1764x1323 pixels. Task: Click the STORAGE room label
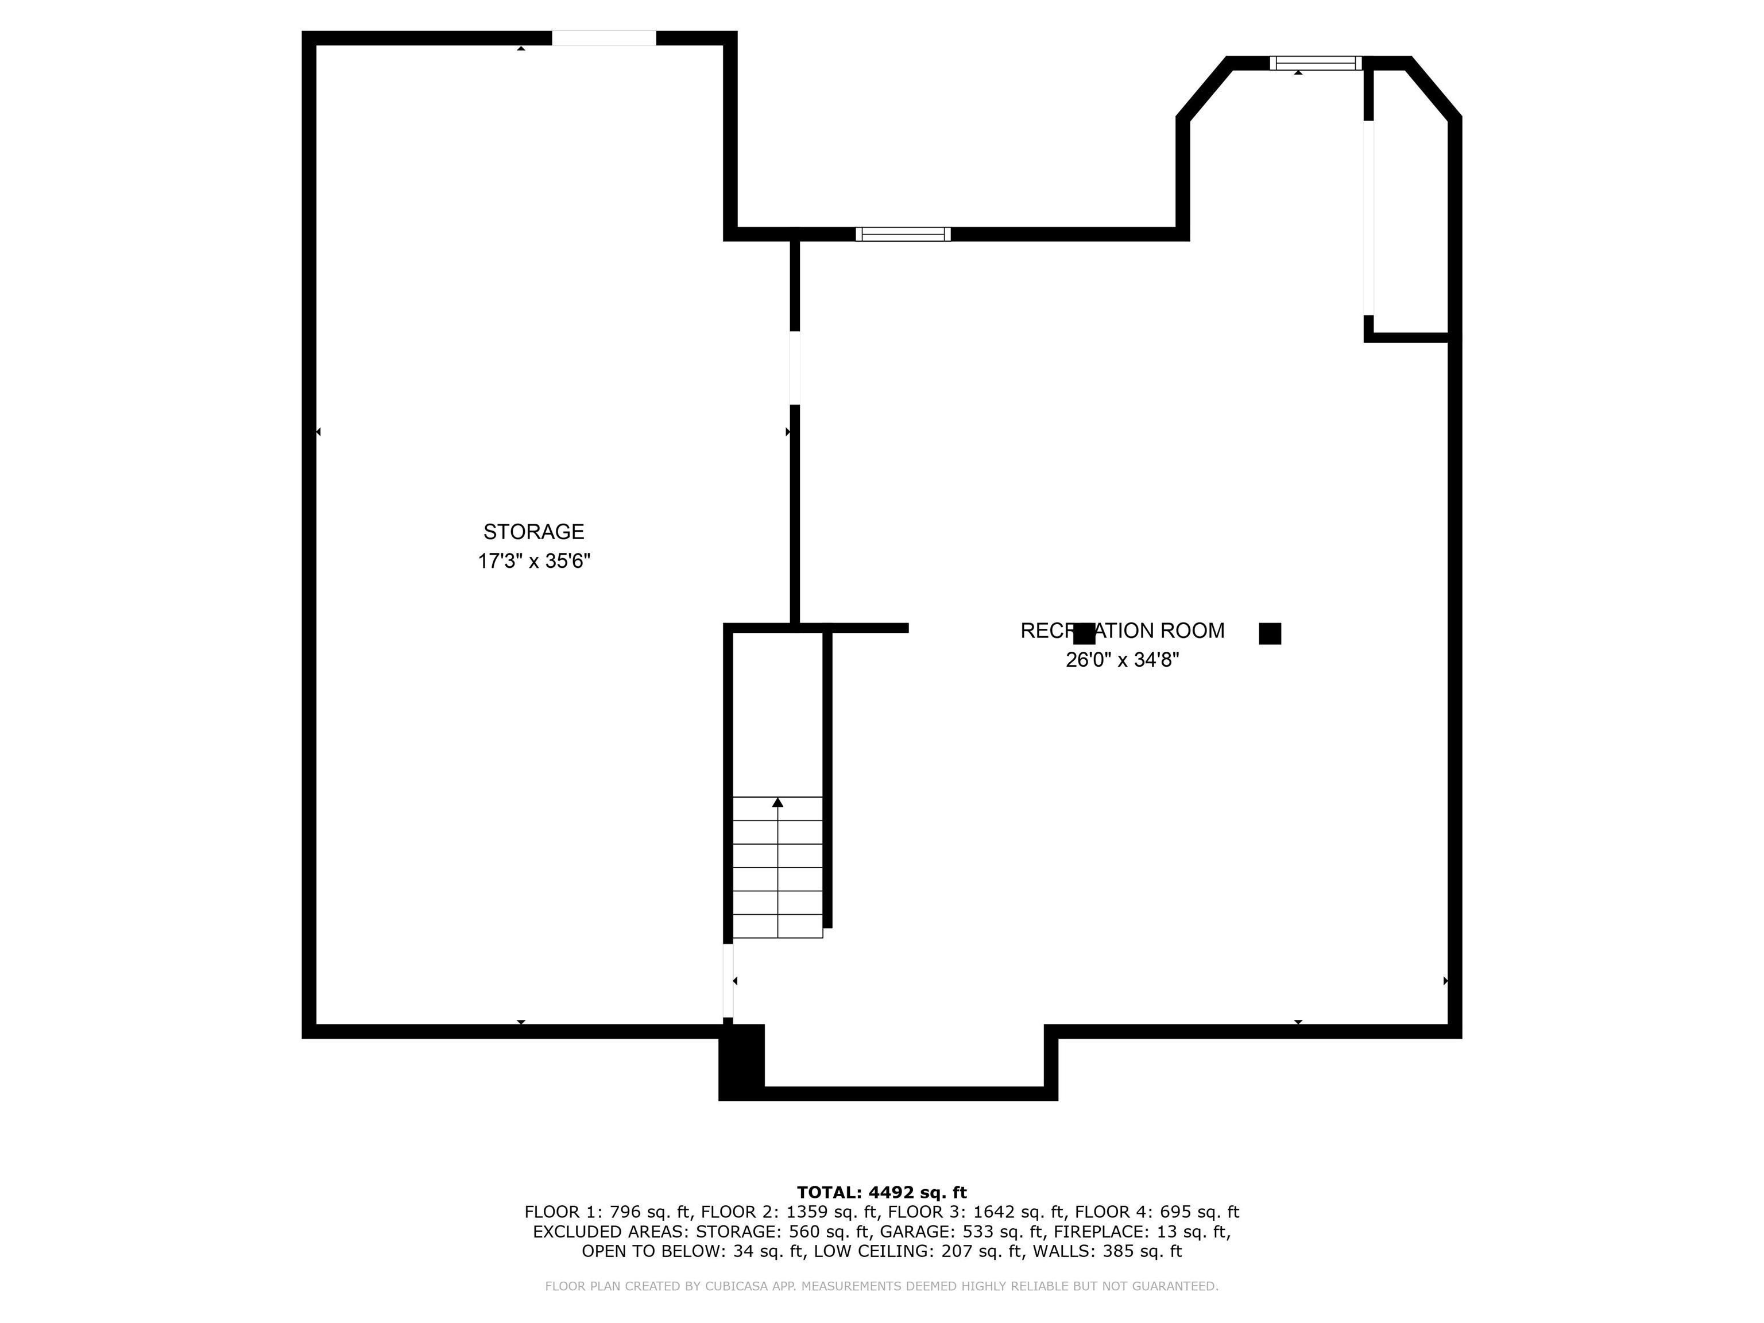[x=533, y=532]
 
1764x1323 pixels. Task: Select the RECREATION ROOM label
[x=1122, y=631]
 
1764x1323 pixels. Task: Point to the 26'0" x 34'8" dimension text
[x=1122, y=660]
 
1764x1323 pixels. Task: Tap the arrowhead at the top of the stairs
[x=777, y=802]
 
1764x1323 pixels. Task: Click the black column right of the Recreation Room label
[x=1270, y=634]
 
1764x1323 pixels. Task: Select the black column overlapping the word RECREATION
[x=1084, y=634]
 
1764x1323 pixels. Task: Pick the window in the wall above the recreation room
[x=903, y=234]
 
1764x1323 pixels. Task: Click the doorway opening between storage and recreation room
[x=794, y=367]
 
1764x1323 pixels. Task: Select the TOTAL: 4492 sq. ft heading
[x=881, y=1192]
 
